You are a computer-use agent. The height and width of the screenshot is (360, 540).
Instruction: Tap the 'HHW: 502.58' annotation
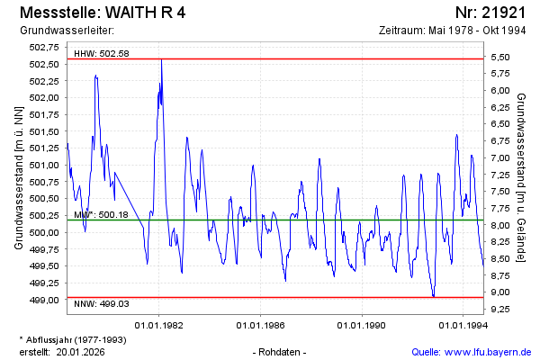tap(102, 54)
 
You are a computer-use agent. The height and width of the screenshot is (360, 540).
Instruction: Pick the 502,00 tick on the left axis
tap(46, 98)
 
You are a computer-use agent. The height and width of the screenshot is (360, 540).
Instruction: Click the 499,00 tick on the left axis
tap(46, 300)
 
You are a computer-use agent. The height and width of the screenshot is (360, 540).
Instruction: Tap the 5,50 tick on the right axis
tap(500, 57)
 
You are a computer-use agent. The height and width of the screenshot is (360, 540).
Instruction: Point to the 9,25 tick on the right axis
tap(500, 309)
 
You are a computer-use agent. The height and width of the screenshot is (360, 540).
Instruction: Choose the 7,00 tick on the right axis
tap(500, 157)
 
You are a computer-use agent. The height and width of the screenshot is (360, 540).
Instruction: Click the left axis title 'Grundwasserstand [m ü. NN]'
tap(19, 177)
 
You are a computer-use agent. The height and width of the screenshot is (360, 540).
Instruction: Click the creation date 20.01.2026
tap(81, 351)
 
